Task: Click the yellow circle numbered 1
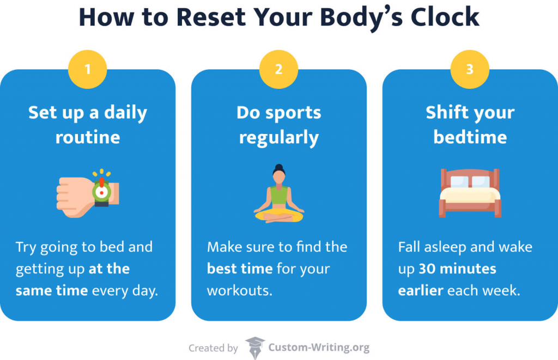(87, 69)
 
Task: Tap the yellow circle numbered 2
(278, 69)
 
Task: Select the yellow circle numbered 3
(470, 69)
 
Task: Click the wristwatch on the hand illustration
(101, 191)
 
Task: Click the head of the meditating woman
(279, 174)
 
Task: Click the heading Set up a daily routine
(87, 124)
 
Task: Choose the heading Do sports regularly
(278, 124)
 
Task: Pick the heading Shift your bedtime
(470, 124)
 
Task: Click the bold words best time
(240, 269)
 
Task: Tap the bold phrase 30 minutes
(458, 269)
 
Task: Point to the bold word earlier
(421, 290)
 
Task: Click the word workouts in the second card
(239, 290)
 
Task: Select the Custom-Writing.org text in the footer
(319, 347)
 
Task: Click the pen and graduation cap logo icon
(254, 347)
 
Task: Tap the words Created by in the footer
(213, 348)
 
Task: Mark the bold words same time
(52, 290)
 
